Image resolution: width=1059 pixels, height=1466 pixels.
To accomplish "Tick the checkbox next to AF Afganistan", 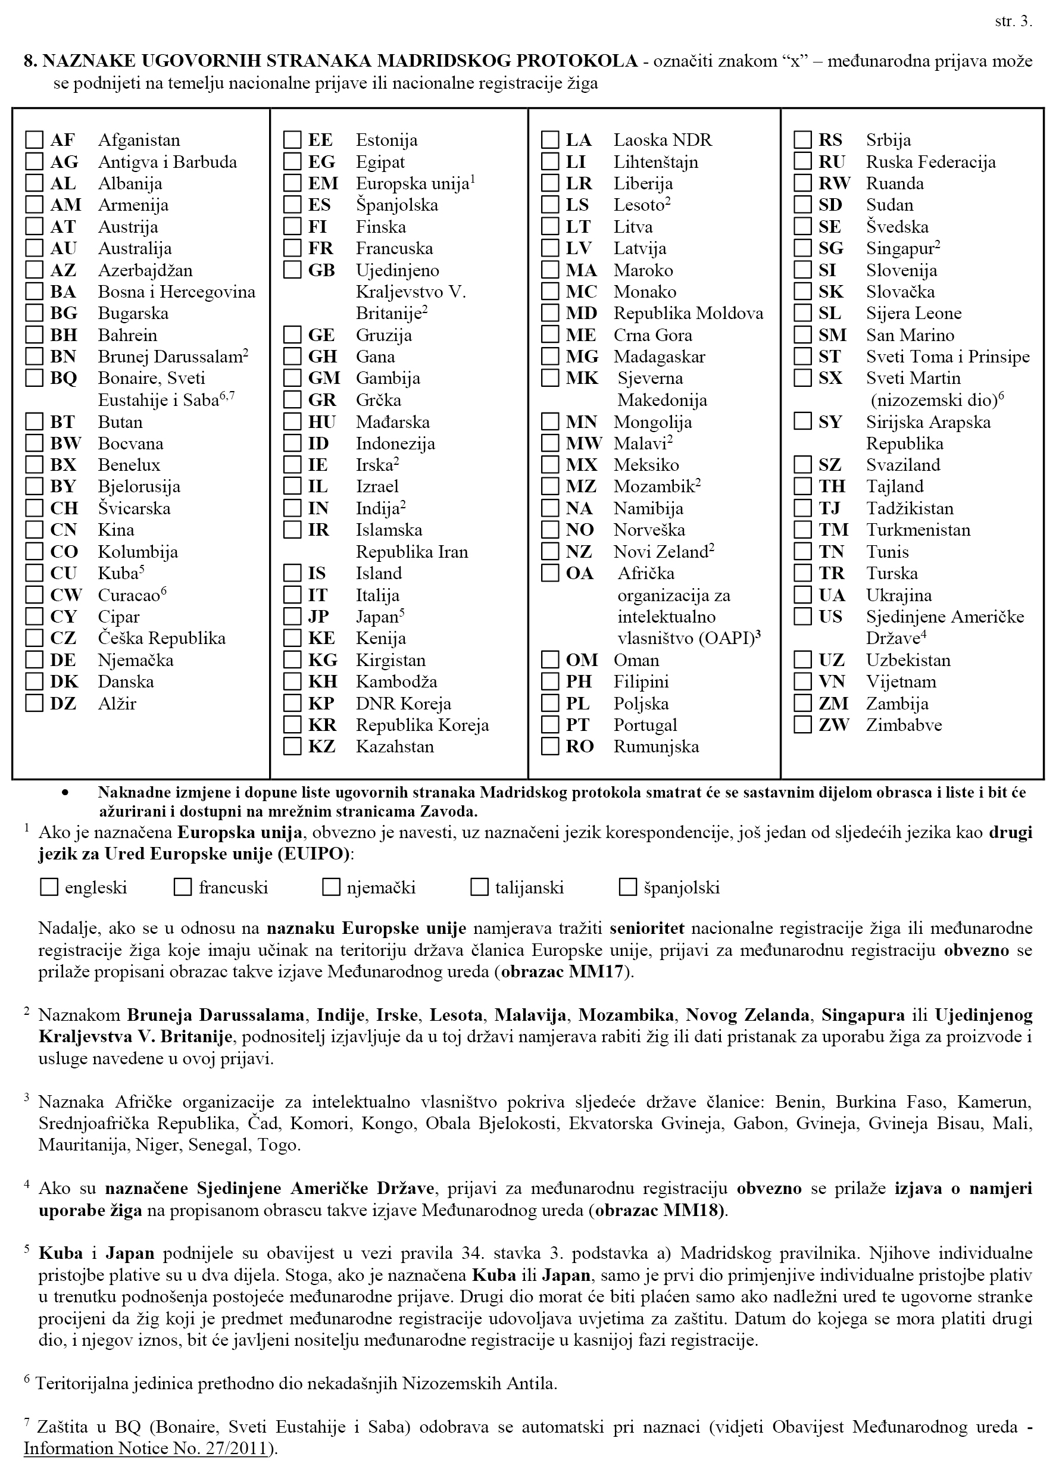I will [x=35, y=140].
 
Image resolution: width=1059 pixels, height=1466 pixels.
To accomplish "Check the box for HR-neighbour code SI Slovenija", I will [x=802, y=270].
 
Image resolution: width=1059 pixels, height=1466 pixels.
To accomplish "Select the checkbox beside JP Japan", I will [x=292, y=617].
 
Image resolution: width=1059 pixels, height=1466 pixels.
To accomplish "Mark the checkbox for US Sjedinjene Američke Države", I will [x=802, y=617].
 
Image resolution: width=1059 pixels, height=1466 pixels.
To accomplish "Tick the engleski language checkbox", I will [x=49, y=887].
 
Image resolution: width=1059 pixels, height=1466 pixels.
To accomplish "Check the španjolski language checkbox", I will [x=628, y=887].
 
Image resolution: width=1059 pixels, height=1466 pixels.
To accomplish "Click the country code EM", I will [x=323, y=183].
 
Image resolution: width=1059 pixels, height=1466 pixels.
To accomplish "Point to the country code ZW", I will [x=833, y=725].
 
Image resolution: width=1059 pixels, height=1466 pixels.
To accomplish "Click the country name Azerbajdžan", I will [x=145, y=270].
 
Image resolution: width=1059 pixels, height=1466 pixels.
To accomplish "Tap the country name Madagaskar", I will [x=659, y=357].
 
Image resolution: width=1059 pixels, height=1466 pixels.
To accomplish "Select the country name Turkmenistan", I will [x=918, y=530].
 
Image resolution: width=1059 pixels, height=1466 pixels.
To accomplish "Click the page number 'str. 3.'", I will [x=1013, y=21].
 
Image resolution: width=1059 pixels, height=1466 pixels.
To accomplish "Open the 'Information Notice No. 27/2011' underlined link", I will [x=145, y=1448].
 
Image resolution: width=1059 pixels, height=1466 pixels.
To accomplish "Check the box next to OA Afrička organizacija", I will [x=550, y=573].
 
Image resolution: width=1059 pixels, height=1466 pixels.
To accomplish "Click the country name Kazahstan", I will [x=395, y=747].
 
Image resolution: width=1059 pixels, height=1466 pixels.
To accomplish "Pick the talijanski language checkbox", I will [x=479, y=887].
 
